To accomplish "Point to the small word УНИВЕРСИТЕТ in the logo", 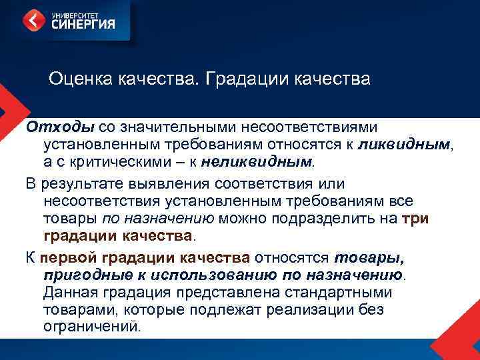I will [73, 13].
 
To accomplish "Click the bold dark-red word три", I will [416, 219].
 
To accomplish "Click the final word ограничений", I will [93, 327].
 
